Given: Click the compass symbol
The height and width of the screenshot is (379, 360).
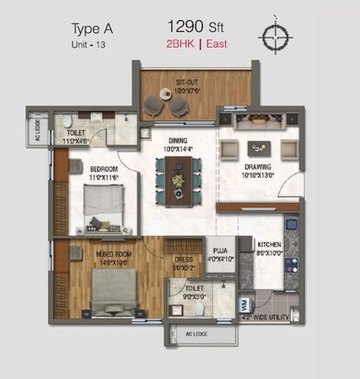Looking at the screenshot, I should coord(274,38).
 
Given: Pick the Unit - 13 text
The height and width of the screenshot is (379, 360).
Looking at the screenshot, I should coord(91,44).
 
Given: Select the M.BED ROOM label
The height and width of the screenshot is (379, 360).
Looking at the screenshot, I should coord(101,259).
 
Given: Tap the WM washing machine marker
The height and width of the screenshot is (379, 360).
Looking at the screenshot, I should coord(243,304).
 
